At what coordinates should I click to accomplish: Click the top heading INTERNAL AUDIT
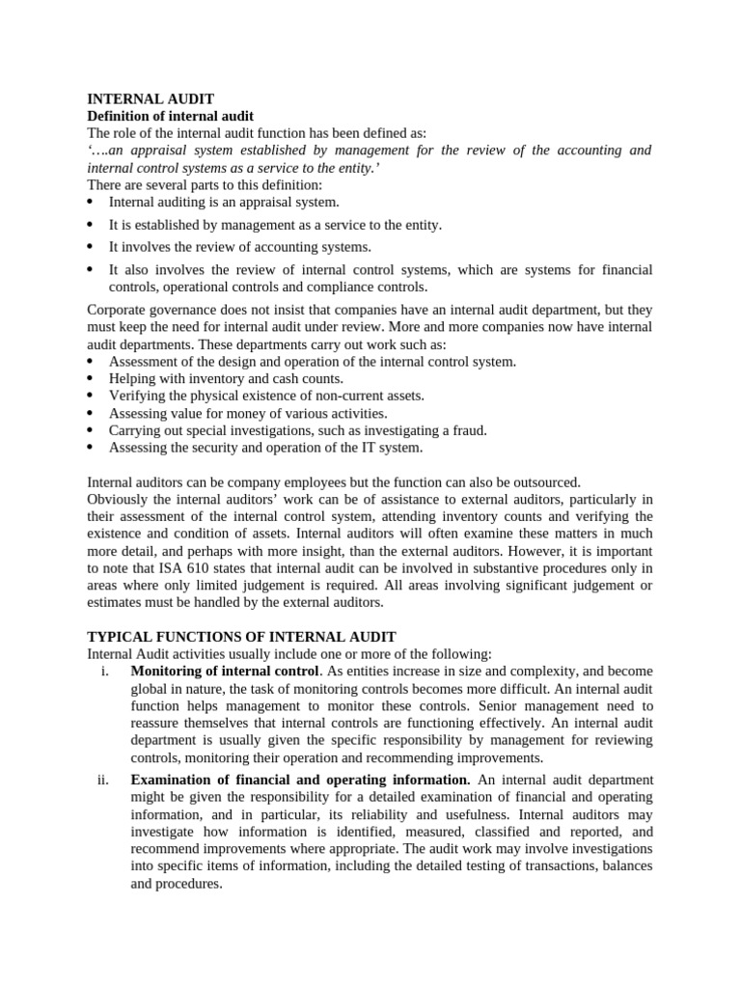151,98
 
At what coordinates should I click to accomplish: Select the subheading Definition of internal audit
171,116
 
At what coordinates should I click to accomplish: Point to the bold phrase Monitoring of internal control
224,671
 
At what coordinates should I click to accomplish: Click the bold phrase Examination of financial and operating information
299,779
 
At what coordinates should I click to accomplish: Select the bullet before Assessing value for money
91,414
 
